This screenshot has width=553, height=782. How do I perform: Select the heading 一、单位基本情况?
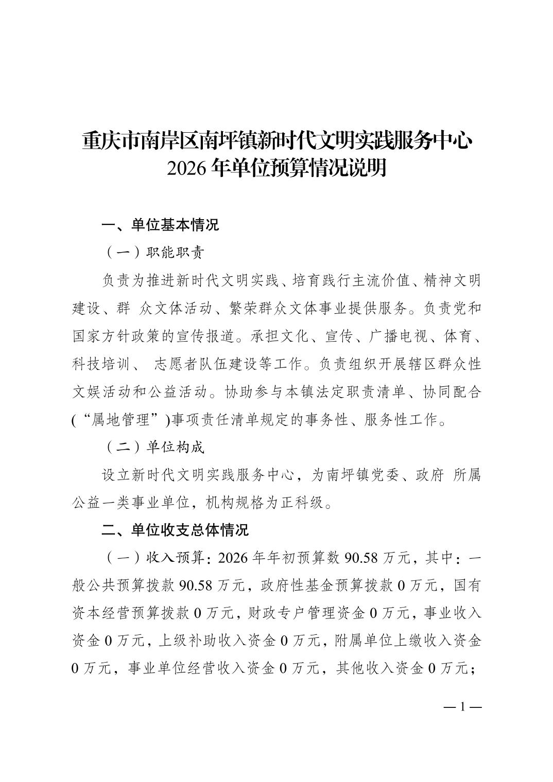click(160, 225)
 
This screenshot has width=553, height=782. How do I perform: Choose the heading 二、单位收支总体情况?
click(175, 530)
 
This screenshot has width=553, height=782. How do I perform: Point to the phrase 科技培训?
click(101, 364)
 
